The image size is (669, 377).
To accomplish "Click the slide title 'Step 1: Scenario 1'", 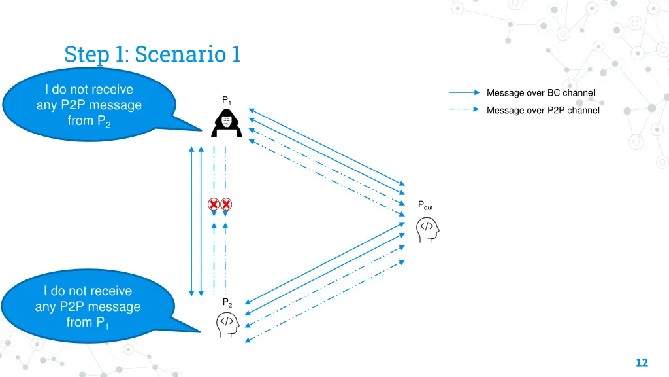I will (152, 54).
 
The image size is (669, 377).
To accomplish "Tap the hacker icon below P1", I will (226, 123).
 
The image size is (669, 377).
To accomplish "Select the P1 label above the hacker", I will (226, 100).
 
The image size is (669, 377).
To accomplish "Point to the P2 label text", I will (227, 302).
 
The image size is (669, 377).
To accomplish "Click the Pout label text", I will (425, 206).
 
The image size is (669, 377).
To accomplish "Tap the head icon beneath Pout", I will (427, 229).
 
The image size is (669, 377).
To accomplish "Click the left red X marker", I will (214, 204).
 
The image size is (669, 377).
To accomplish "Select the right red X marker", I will (226, 204).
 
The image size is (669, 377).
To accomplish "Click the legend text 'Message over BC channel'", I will (540, 93).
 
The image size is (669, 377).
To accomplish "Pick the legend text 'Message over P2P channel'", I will (542, 110).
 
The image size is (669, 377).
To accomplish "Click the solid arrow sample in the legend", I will (465, 93).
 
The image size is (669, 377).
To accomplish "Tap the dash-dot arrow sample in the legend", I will (465, 109).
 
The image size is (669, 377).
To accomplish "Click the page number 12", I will (641, 363).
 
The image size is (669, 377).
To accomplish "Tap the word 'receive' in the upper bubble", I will (112, 89).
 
